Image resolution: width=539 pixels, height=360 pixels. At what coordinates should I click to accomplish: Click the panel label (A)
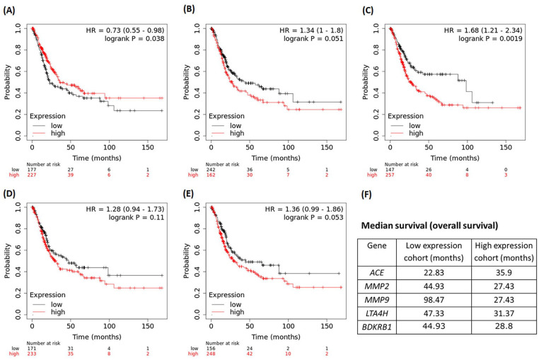pos(14,9)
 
